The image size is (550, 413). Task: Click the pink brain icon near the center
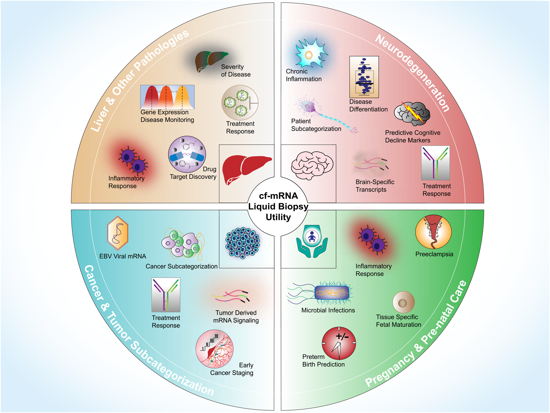tap(311, 165)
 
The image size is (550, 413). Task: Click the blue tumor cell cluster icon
tap(243, 242)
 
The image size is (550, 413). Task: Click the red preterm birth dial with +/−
tap(338, 343)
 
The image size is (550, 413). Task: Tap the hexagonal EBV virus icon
tap(117, 233)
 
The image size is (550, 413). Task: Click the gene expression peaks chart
tap(167, 97)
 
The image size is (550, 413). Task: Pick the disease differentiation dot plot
tap(364, 77)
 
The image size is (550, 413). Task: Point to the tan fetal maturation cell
tap(403, 302)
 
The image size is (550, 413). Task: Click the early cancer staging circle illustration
tap(214, 349)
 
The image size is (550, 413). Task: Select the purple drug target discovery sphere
tap(187, 154)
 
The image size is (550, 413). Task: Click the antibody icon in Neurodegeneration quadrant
tap(435, 163)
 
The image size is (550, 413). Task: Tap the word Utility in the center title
tap(278, 217)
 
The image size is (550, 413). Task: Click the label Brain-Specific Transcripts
tap(374, 186)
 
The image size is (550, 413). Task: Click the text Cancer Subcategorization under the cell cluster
tap(181, 266)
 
